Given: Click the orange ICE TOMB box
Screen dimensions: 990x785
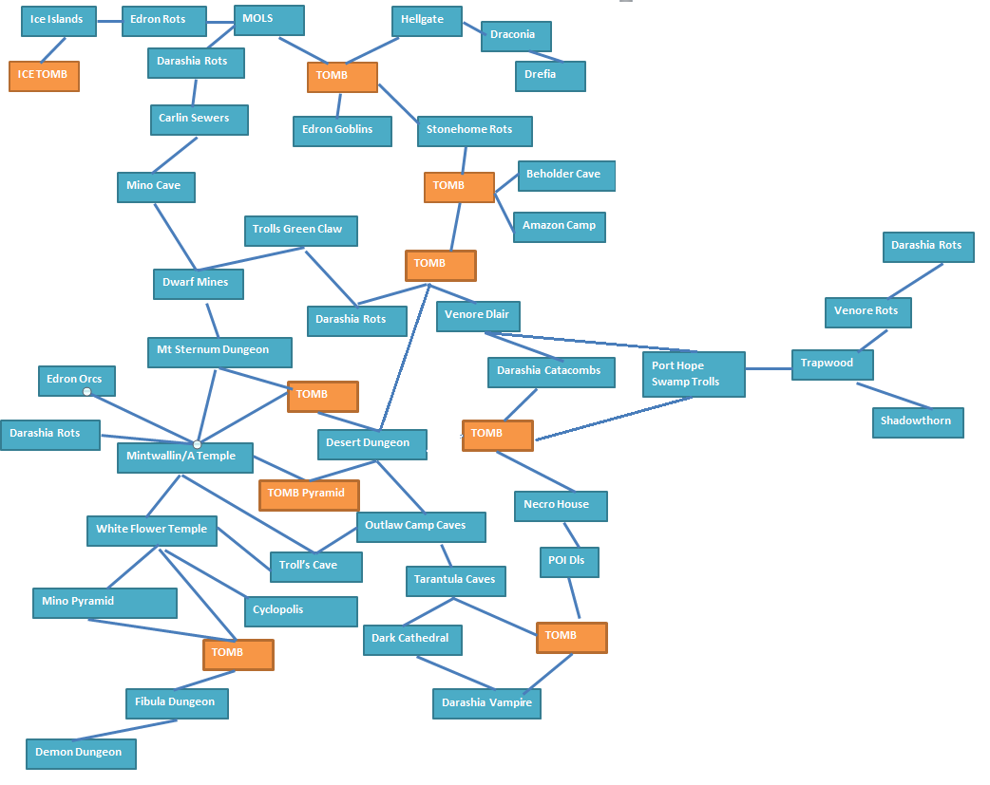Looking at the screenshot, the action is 45,76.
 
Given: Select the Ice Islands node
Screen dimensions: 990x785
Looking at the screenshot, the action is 59,21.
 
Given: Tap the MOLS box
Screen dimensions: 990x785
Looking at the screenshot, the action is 269,20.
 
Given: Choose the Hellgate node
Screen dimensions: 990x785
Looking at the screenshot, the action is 427,21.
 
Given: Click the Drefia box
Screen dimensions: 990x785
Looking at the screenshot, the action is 550,76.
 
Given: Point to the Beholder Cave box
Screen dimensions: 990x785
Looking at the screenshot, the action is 566,176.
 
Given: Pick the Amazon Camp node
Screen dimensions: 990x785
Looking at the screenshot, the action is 560,227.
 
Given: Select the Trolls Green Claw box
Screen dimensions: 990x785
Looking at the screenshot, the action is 301,231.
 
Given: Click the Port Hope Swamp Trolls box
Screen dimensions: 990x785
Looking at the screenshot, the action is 694,374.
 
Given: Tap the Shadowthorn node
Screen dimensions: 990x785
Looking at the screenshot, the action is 918,422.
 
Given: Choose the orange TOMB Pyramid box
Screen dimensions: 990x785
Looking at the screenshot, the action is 309,495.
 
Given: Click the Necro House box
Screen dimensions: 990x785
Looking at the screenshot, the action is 561,506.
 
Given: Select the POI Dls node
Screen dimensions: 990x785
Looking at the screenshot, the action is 569,562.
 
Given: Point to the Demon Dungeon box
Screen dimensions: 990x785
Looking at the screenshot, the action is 81,754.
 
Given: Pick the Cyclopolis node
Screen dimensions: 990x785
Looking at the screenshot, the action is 300,611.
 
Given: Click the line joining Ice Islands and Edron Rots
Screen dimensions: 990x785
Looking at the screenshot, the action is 109,22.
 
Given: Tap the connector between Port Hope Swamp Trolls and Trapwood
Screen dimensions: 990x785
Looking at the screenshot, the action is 769,368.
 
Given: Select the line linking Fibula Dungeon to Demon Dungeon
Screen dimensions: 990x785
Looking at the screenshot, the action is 126,729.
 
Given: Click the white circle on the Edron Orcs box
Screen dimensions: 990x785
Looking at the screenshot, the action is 87,392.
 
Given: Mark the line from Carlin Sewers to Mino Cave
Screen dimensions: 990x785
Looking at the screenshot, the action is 175,155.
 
